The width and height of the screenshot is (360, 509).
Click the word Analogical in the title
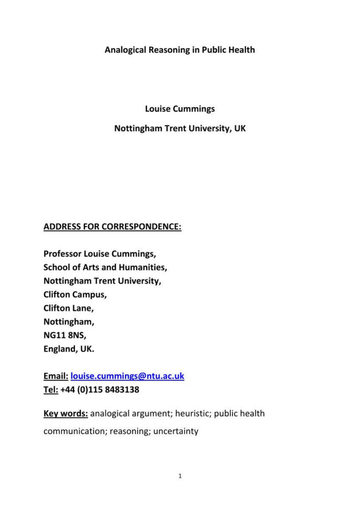[125, 50]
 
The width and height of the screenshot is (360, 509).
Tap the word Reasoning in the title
[168, 50]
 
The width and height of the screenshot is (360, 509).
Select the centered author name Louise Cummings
[180, 109]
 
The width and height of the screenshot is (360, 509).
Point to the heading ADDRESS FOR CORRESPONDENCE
[112, 227]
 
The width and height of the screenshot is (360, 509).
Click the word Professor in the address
[65, 254]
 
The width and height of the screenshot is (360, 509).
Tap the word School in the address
[56, 267]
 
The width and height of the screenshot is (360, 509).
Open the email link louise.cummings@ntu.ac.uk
[128, 376]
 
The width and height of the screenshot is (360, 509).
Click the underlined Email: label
[56, 376]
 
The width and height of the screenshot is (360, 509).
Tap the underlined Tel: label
[51, 390]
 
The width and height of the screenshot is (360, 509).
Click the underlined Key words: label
[66, 413]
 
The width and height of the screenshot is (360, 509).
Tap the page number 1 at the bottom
[180, 476]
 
